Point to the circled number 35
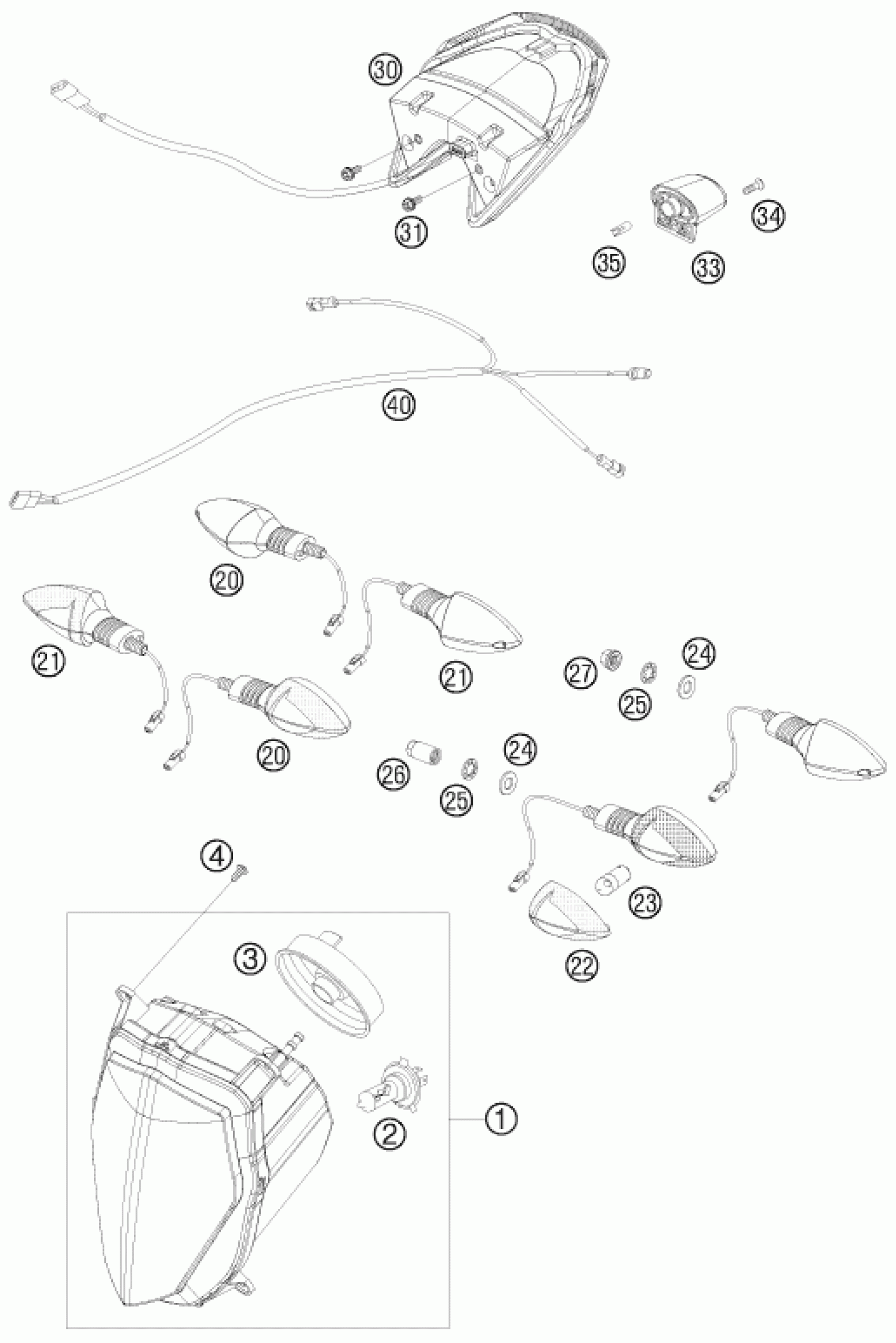(609, 262)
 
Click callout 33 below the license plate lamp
(708, 266)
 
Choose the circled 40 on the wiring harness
(399, 405)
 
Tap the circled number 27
(582, 674)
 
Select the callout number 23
(645, 902)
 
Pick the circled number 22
(582, 965)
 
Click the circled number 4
(216, 855)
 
